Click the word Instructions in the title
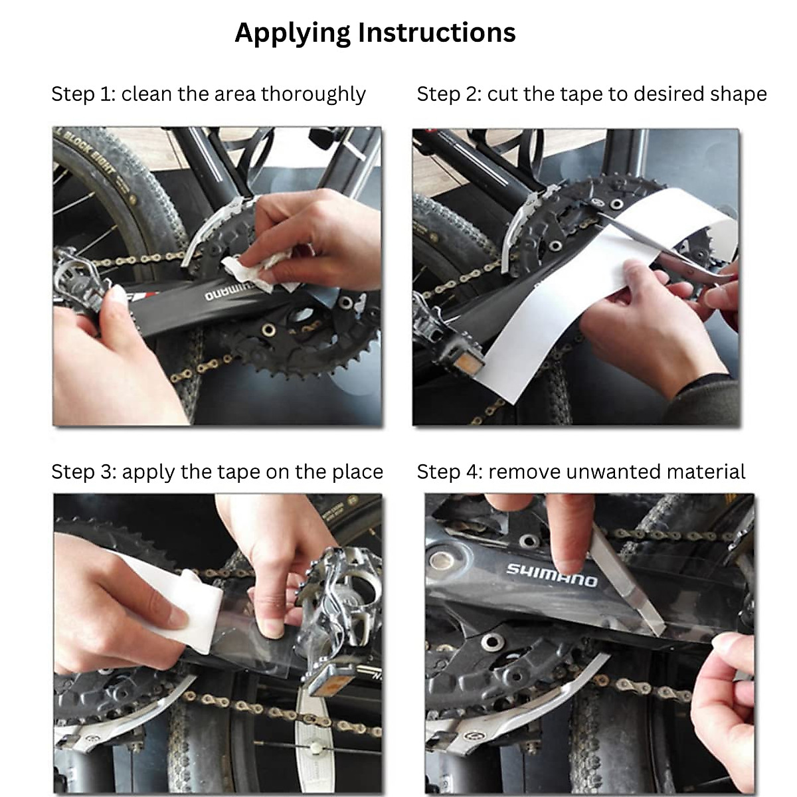pyautogui.click(x=437, y=33)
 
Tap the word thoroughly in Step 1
pyautogui.click(x=313, y=94)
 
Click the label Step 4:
pyautogui.click(x=450, y=472)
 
